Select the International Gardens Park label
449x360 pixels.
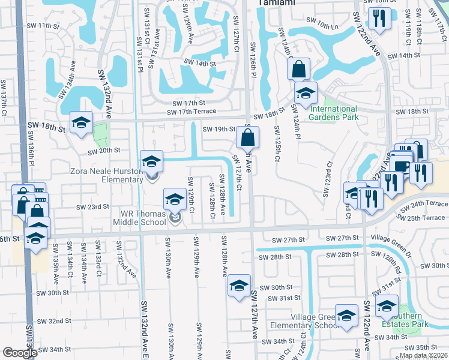click(x=333, y=113)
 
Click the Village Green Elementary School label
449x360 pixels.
click(x=316, y=321)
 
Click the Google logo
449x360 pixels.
click(x=19, y=353)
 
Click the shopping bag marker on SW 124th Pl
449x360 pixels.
click(x=298, y=70)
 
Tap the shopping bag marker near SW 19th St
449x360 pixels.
click(x=247, y=139)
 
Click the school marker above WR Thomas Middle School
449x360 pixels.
click(x=175, y=200)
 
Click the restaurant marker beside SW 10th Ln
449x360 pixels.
click(x=379, y=19)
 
